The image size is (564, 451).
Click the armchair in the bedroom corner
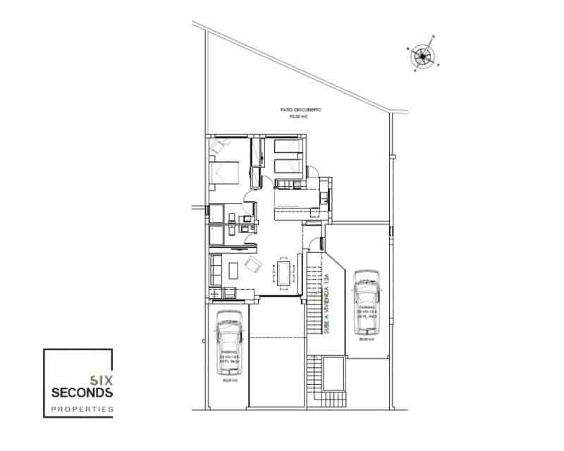219,146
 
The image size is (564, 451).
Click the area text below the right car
365,339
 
